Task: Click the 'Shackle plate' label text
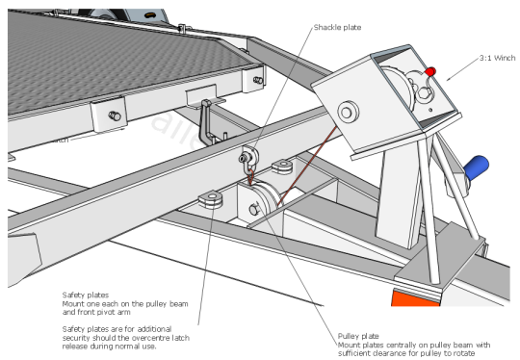coord(337,27)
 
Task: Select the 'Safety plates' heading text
coord(86,295)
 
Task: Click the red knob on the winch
coord(432,72)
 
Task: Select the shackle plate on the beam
coord(248,153)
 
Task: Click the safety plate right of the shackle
coord(282,166)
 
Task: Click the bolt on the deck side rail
coord(115,116)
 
